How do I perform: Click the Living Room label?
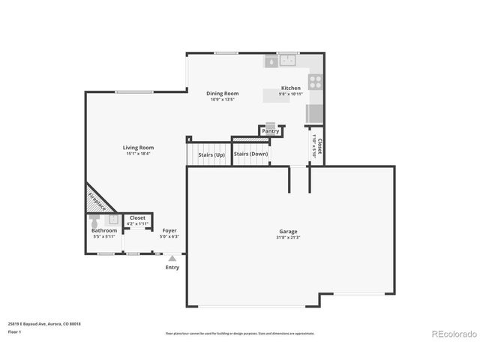[138, 148]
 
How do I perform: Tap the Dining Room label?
[222, 94]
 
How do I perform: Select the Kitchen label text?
[291, 88]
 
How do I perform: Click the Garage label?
[289, 232]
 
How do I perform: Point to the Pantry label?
[271, 131]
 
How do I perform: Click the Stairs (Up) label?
[211, 154]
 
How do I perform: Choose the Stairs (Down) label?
[250, 154]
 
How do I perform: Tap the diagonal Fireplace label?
[97, 201]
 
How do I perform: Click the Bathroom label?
[104, 230]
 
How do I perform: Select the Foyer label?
[169, 230]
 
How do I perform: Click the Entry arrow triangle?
[172, 258]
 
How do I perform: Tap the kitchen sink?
[288, 61]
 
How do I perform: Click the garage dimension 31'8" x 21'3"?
[289, 238]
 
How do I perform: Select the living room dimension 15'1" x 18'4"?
[138, 154]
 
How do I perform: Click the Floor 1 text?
[14, 331]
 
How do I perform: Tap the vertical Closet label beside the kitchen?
[320, 145]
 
